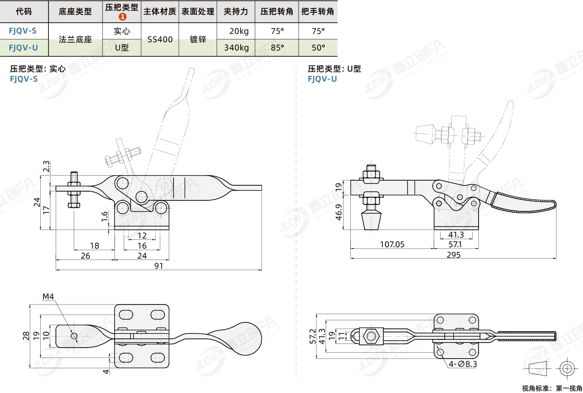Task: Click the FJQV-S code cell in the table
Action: click(23, 31)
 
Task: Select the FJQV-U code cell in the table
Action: click(23, 48)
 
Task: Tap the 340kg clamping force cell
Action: click(236, 48)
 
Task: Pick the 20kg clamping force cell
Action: click(239, 31)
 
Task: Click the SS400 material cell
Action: click(160, 39)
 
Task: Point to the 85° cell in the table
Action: click(277, 48)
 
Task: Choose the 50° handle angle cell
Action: click(318, 48)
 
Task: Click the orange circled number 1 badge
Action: click(122, 17)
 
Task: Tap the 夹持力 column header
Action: click(236, 11)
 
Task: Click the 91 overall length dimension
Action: click(158, 266)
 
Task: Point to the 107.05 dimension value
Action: click(392, 244)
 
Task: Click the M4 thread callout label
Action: click(48, 297)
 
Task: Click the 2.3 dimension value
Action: click(46, 166)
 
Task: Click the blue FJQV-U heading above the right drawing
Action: click(322, 79)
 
